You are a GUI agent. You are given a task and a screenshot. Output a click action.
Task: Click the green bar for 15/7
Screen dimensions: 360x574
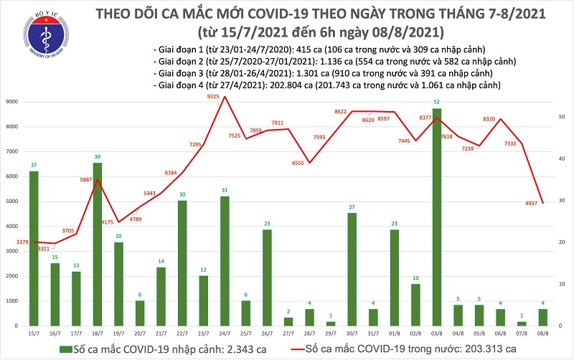33,248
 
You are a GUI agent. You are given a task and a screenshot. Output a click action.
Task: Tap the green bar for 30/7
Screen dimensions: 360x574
352,269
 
